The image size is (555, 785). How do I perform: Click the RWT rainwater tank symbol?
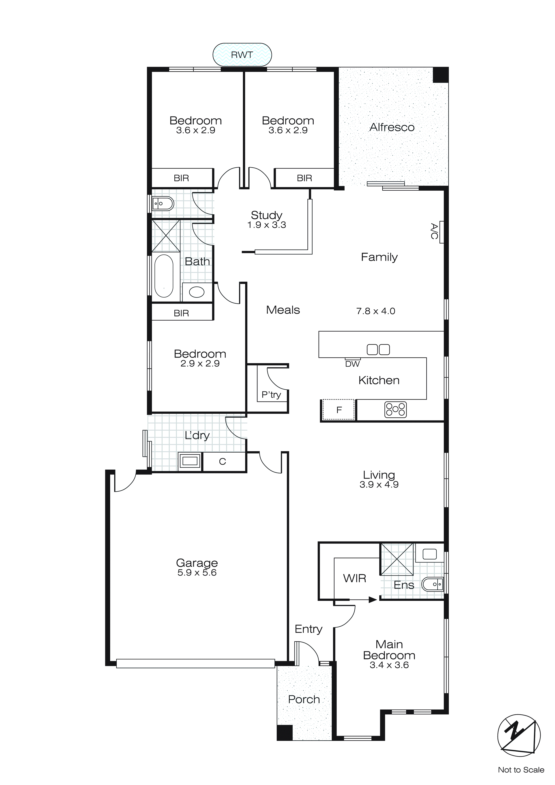[x=242, y=55]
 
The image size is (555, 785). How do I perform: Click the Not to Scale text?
[x=521, y=770]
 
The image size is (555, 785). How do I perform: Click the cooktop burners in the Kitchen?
[x=395, y=410]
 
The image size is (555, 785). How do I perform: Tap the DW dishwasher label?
[x=352, y=364]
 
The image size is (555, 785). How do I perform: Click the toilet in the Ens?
[x=433, y=584]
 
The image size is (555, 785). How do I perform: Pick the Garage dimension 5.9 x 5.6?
[x=197, y=573]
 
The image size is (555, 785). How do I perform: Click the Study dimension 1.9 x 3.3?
[x=267, y=225]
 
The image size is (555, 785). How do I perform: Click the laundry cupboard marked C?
[x=223, y=462]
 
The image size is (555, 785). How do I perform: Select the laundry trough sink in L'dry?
[x=190, y=461]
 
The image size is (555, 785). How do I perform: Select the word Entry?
[x=308, y=629]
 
